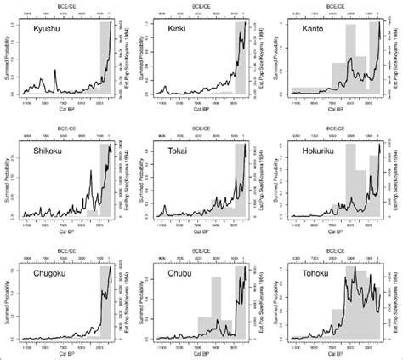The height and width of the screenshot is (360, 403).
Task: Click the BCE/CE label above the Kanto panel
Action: coord(335,5)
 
